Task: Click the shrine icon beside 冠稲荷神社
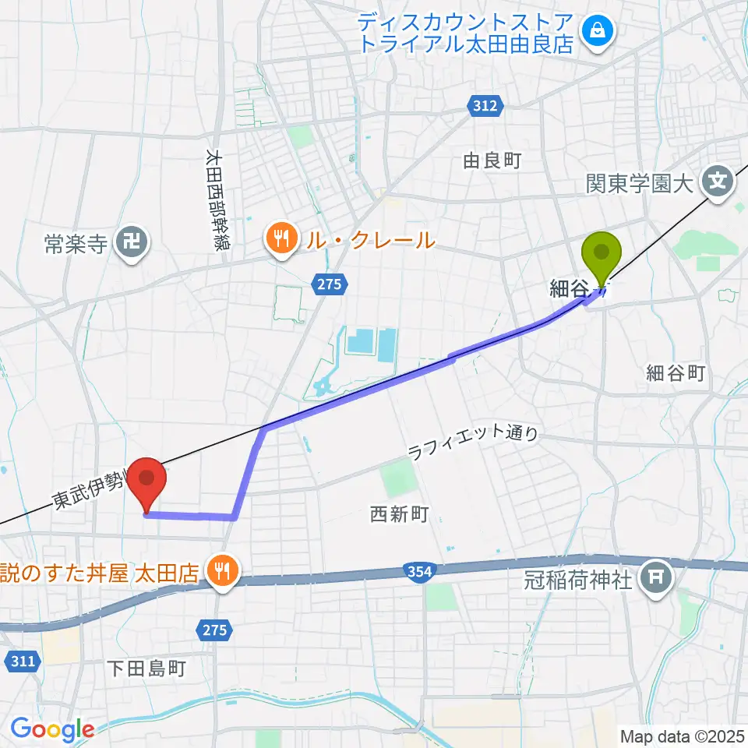click(x=652, y=577)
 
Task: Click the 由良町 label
click(x=492, y=161)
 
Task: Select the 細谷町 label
click(x=676, y=373)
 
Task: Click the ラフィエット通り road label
click(x=474, y=444)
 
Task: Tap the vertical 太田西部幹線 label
click(x=213, y=200)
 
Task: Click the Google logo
click(x=52, y=729)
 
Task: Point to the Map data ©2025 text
click(x=682, y=735)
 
